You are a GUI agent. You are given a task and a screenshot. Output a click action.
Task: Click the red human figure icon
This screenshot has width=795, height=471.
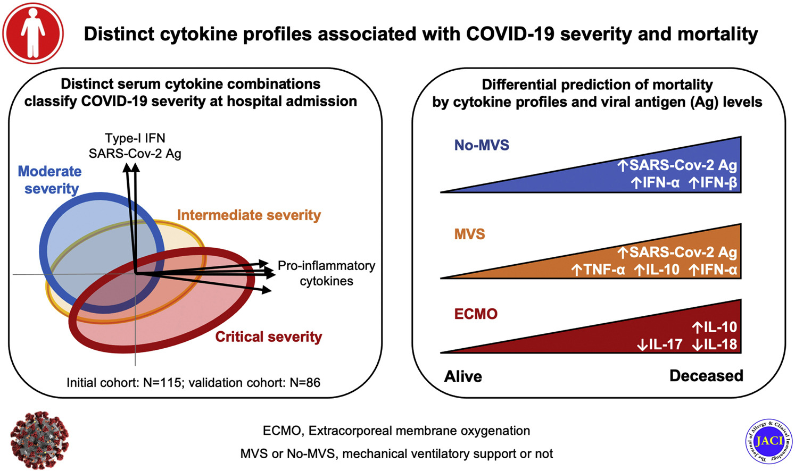click(33, 33)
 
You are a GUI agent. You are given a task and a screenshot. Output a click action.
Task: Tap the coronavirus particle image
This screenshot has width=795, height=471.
click(39, 440)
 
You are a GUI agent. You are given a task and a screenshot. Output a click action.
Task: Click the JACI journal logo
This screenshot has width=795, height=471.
click(769, 441)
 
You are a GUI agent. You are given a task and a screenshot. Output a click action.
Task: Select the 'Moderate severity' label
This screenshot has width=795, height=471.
click(49, 180)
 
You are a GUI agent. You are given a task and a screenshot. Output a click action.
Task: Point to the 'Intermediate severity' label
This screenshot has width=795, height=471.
click(249, 215)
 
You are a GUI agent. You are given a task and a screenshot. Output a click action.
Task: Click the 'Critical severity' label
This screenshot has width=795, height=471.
click(269, 337)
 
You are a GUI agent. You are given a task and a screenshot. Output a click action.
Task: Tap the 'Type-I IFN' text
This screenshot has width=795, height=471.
click(135, 138)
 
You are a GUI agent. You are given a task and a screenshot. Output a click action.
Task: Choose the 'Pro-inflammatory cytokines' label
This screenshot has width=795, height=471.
click(326, 273)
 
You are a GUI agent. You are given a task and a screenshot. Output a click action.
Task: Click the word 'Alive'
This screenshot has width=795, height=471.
click(463, 376)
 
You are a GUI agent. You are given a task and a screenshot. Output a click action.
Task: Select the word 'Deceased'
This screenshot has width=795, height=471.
click(706, 376)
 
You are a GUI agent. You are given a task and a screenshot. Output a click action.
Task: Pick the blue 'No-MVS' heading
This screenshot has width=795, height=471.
click(482, 145)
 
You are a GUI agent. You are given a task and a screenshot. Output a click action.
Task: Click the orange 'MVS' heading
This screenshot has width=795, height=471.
click(469, 234)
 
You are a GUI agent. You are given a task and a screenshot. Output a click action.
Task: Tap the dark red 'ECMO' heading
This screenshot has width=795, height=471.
click(476, 314)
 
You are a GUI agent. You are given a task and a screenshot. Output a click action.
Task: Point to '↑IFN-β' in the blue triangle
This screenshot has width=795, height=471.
click(713, 183)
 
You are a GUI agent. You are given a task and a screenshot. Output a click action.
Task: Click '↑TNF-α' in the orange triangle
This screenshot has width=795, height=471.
click(598, 270)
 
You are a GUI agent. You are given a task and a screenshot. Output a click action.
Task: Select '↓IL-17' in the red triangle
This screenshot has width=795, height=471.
click(659, 344)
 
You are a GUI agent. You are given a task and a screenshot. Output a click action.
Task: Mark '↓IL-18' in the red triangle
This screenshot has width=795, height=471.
click(715, 344)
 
